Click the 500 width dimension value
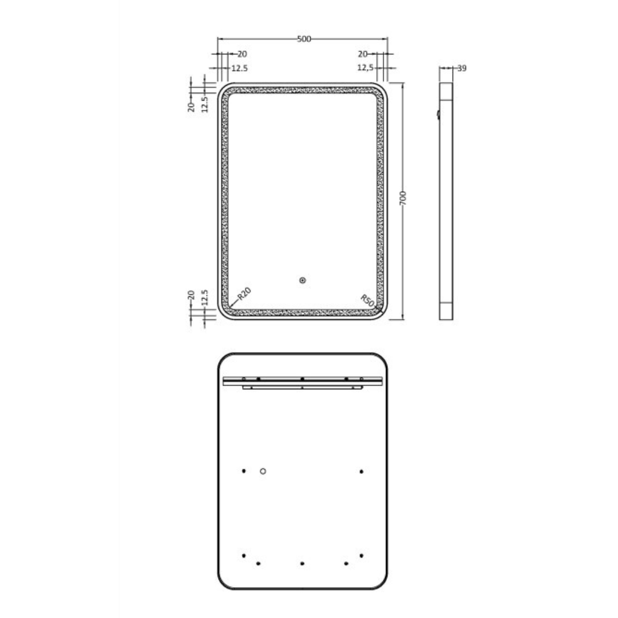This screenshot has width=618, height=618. (303, 39)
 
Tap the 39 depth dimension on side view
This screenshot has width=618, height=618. (462, 68)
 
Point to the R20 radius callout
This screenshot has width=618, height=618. (244, 294)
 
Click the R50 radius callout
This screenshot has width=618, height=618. (367, 299)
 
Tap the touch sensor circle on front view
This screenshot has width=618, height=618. (303, 280)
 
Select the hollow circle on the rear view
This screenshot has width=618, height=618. (263, 471)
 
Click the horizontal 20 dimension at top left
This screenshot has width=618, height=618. (241, 54)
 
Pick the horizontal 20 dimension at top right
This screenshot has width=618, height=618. (362, 54)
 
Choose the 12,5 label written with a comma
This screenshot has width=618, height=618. (366, 68)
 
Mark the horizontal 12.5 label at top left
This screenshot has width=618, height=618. (239, 68)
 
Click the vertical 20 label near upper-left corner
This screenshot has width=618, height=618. (192, 105)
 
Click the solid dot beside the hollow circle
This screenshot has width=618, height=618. (244, 471)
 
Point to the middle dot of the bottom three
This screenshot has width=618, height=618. (302, 564)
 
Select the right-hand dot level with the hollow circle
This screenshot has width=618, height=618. (362, 471)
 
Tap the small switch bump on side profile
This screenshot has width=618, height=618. (438, 114)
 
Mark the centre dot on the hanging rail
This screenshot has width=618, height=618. (302, 379)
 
